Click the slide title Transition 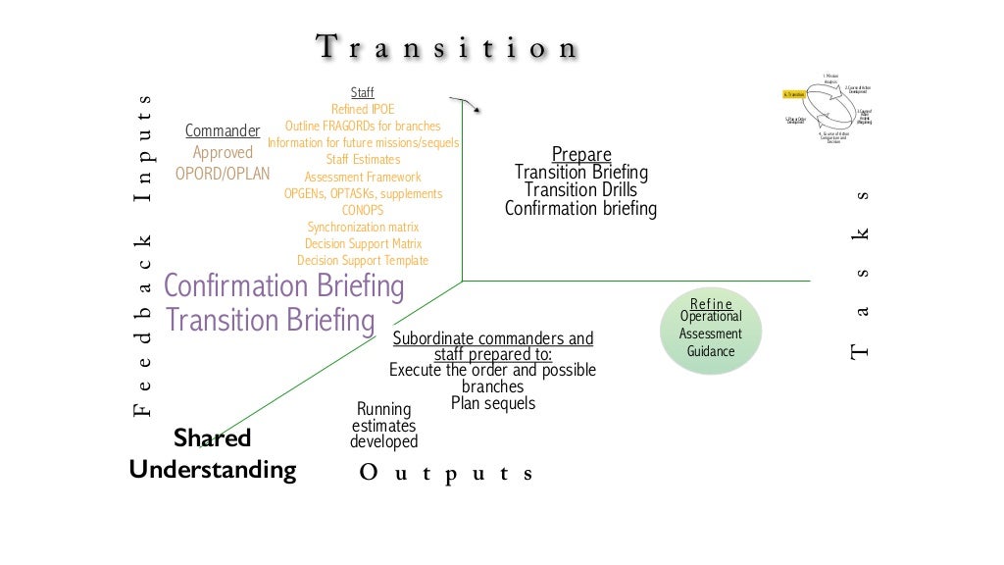point(447,47)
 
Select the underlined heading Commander point(223,130)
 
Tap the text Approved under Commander point(223,152)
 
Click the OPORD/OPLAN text point(223,174)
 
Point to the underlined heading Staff point(362,93)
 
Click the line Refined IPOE point(362,109)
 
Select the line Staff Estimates point(363,159)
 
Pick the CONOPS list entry point(362,210)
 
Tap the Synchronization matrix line point(363,227)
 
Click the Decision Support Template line point(363,260)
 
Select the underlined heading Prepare point(581,154)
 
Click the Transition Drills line point(580,190)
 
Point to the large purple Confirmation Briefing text point(283,286)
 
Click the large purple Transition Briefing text point(271,321)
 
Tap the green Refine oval point(711,331)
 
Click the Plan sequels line point(493,403)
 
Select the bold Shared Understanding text point(213,454)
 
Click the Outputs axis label point(446,474)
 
